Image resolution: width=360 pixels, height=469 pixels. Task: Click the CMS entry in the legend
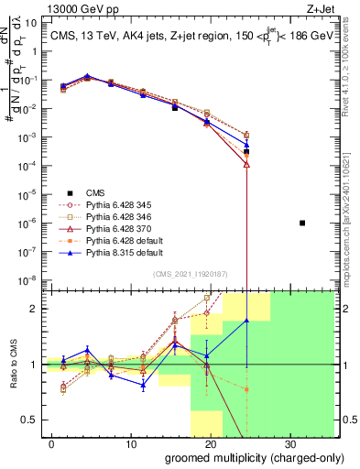click(x=95, y=192)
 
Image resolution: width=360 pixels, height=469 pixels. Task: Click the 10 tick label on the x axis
click(x=130, y=444)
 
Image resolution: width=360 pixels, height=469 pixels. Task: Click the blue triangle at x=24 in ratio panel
click(x=246, y=321)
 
